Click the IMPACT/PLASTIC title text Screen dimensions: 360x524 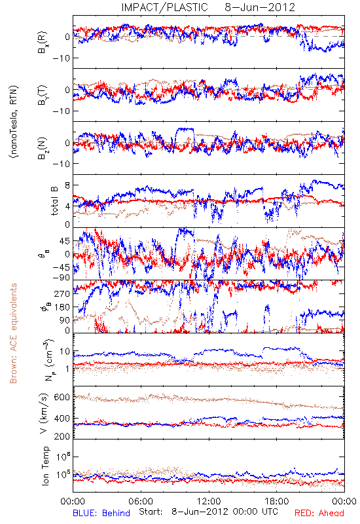164,7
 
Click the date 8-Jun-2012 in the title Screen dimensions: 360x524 260,7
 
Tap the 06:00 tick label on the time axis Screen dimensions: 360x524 141,501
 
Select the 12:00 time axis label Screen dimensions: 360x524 209,501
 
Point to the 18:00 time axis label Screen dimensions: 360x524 277,501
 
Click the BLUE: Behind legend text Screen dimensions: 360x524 101,513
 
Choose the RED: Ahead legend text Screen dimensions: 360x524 319,513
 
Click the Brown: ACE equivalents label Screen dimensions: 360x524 13,333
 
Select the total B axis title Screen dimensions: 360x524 54,201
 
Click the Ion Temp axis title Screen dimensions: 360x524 45,466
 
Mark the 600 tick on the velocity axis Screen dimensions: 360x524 62,398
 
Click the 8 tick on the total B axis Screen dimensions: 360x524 67,186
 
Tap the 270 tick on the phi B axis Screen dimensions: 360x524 63,293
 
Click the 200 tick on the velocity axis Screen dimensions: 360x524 62,436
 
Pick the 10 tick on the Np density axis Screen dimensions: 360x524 65,352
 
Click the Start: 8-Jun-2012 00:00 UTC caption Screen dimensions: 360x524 208,512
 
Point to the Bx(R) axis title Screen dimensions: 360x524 43,43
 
